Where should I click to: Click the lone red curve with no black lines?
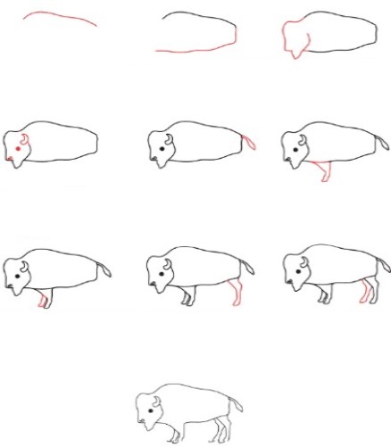(61, 18)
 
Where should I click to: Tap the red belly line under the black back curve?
(192, 50)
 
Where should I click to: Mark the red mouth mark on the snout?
(9, 159)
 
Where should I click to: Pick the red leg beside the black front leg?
(43, 299)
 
